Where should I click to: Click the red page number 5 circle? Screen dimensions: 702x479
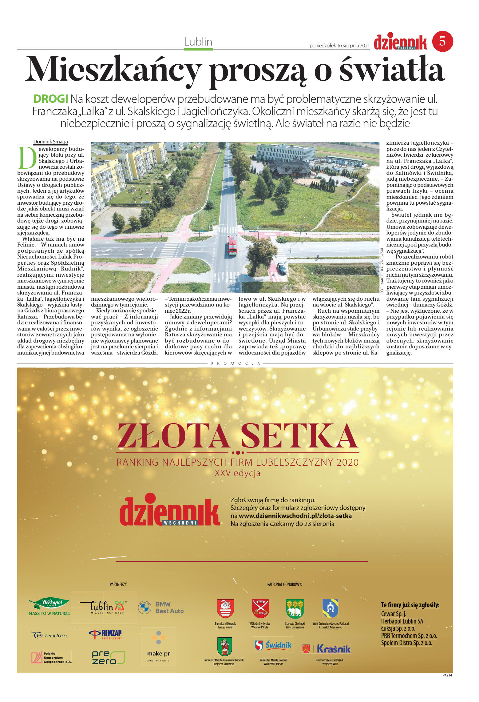tap(442, 41)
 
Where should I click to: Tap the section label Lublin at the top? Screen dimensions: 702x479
tap(198, 42)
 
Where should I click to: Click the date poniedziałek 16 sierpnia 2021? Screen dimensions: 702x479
tap(339, 46)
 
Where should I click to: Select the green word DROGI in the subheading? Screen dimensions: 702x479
tap(50, 99)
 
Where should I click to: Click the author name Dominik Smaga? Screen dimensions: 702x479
tap(50, 142)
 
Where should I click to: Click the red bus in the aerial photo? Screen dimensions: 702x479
tap(232, 245)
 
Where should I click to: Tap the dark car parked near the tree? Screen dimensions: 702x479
tap(281, 268)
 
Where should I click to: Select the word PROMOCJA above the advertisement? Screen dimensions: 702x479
tap(236, 363)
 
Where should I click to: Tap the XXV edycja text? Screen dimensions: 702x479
tap(237, 473)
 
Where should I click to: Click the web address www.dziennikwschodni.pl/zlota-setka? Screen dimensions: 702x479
tap(295, 516)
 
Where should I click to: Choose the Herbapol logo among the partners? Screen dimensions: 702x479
tap(49, 606)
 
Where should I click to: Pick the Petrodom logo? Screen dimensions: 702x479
tap(49, 635)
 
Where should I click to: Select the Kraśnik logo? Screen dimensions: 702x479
tap(327, 649)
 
